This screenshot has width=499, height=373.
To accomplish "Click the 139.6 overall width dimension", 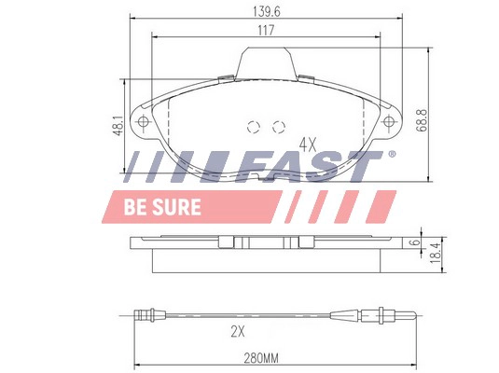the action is [x=267, y=11].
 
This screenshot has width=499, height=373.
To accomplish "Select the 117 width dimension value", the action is [x=266, y=31].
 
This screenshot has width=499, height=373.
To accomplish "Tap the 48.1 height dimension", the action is [x=119, y=126].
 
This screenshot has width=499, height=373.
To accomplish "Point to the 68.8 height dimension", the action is [x=422, y=120].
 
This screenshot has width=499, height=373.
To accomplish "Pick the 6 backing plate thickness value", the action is [x=414, y=242].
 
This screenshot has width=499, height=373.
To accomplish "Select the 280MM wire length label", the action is [x=261, y=358].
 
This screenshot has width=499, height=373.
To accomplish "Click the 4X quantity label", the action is [x=308, y=145].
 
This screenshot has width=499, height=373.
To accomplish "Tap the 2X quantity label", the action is [x=238, y=332].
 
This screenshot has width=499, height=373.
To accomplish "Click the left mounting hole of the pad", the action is [x=143, y=121].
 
